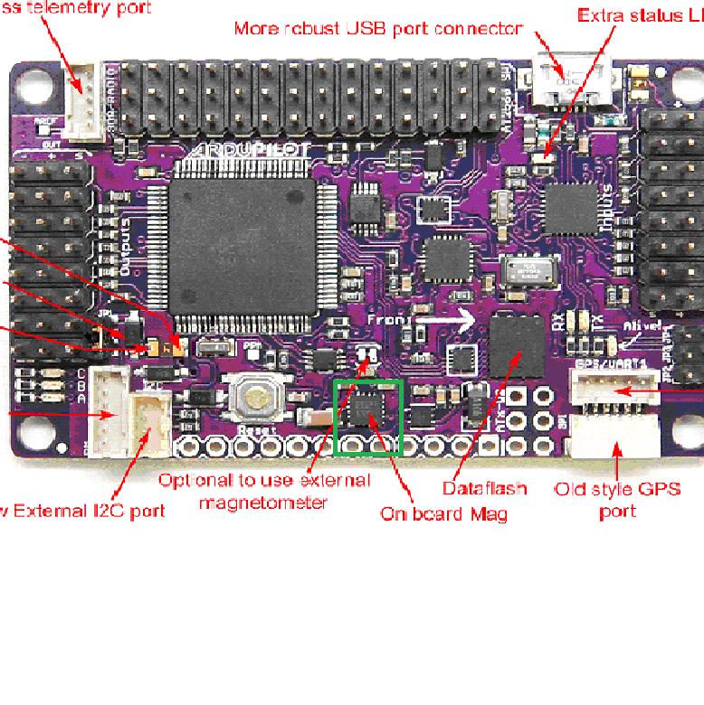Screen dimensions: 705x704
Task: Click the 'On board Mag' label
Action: click(x=443, y=513)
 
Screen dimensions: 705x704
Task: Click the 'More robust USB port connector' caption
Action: click(x=378, y=28)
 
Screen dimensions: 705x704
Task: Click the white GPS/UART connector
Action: click(x=615, y=390)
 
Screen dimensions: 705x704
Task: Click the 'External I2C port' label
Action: click(x=83, y=511)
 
